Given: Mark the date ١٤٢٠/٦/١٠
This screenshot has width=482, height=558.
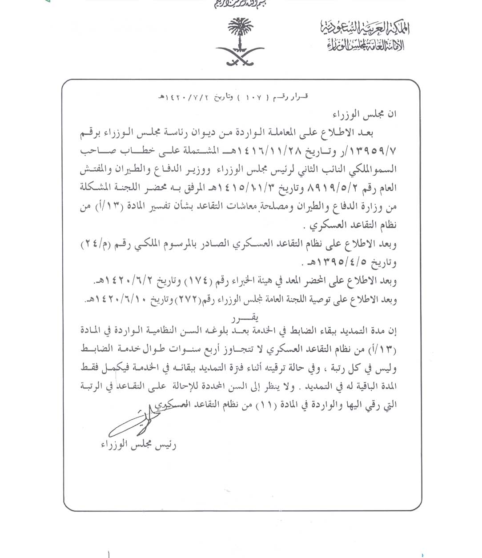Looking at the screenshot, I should click(x=116, y=300).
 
